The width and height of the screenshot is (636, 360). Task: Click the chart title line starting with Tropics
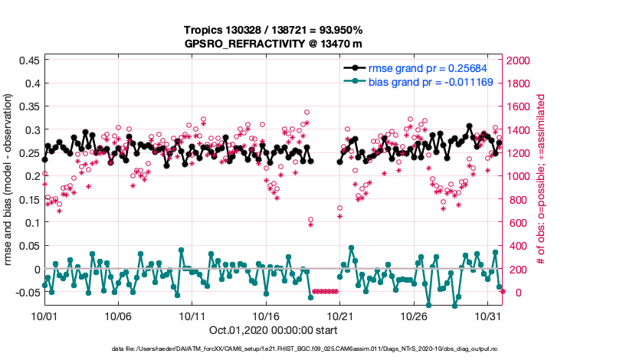pos(273,30)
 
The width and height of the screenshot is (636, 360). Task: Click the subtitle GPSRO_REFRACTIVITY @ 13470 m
pos(273,44)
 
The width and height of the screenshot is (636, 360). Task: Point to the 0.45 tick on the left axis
pos(29,59)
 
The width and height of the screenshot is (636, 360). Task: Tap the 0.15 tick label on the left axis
pos(29,199)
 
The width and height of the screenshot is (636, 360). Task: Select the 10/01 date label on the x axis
pos(44,316)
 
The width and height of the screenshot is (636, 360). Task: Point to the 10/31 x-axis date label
pos(488,316)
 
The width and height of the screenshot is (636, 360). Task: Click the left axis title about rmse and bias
pos(9,181)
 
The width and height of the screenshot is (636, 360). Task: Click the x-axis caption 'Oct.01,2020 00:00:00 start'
pos(273,331)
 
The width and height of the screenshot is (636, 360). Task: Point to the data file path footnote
pos(317,349)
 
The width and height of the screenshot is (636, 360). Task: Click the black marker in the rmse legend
pos(355,67)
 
